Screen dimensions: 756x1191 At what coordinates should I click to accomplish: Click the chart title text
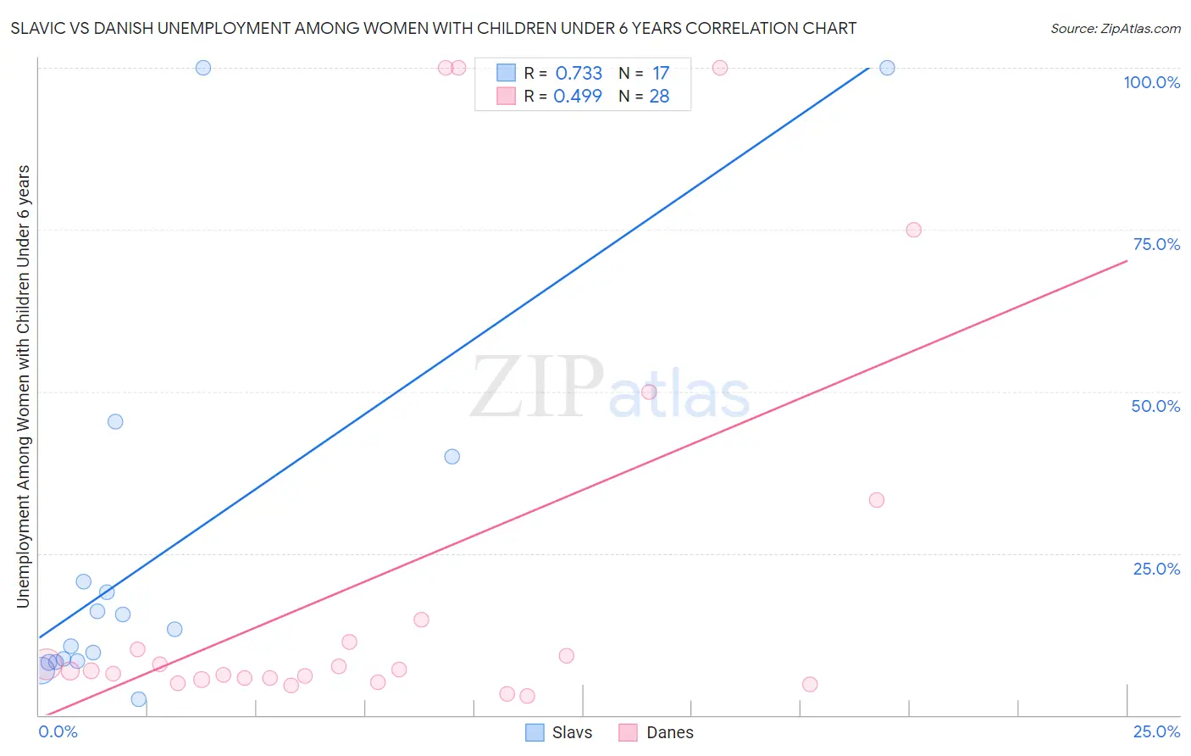[433, 28]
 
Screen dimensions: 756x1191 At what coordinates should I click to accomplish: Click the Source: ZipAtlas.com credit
[1115, 28]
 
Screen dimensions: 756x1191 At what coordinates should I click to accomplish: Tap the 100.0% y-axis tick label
[1151, 82]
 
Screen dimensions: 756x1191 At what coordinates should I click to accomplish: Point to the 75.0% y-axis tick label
[1156, 244]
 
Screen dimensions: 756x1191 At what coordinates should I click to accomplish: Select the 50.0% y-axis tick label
[1155, 406]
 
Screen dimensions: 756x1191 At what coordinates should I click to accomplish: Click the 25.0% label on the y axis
[1156, 569]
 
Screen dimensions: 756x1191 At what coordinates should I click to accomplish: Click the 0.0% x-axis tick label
[58, 731]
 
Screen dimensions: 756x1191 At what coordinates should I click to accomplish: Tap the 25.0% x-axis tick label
[1156, 731]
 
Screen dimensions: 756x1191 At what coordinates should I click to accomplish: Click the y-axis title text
[23, 386]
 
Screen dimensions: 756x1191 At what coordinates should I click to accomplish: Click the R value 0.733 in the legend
[579, 74]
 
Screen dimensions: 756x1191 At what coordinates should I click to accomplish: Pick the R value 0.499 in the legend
[578, 97]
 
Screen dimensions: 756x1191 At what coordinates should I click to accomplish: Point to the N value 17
[661, 74]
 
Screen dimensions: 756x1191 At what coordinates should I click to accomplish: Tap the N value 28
[659, 97]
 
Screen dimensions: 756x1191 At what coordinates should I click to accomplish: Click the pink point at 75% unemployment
[913, 230]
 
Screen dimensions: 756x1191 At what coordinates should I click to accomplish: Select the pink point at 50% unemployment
[649, 392]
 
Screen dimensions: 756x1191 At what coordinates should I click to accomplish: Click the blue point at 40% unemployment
[452, 457]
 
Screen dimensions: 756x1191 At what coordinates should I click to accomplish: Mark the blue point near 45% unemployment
[115, 421]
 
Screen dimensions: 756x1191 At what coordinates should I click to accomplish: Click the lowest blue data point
[139, 699]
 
